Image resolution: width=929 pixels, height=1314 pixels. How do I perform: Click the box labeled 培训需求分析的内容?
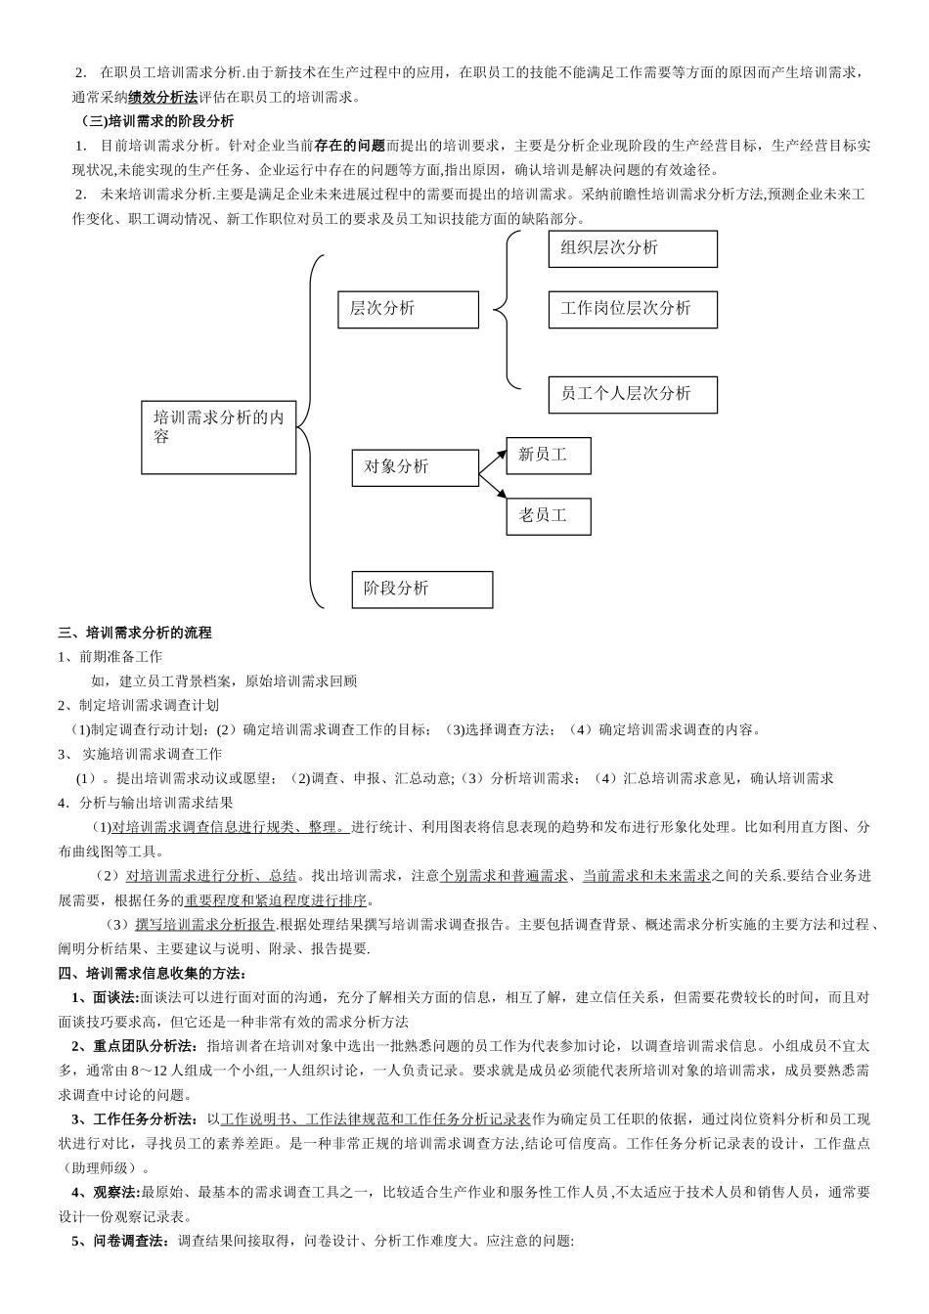pyautogui.click(x=219, y=436)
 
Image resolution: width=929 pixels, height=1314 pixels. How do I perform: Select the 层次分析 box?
pyautogui.click(x=408, y=309)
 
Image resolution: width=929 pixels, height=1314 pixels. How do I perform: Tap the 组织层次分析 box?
pyautogui.click(x=632, y=248)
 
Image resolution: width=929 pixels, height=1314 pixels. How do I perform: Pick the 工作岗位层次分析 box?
pyautogui.click(x=632, y=309)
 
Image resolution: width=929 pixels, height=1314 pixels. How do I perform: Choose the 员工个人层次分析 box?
pyautogui.click(x=632, y=393)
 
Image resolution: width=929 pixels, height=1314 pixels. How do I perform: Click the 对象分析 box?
pyautogui.click(x=415, y=467)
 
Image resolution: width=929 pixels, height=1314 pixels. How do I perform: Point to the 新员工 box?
pyautogui.click(x=548, y=456)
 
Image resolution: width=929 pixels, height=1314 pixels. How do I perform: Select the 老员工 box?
pyautogui.click(x=548, y=515)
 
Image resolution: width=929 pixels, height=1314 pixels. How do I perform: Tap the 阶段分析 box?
pyautogui.click(x=421, y=589)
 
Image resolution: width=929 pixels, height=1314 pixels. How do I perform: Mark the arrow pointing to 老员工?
pyautogui.click(x=494, y=489)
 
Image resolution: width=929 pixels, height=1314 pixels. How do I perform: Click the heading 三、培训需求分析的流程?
pyautogui.click(x=135, y=633)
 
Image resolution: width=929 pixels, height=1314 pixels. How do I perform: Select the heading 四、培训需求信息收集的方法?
pyautogui.click(x=153, y=973)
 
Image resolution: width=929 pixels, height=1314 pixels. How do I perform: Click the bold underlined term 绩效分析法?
pyautogui.click(x=162, y=97)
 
